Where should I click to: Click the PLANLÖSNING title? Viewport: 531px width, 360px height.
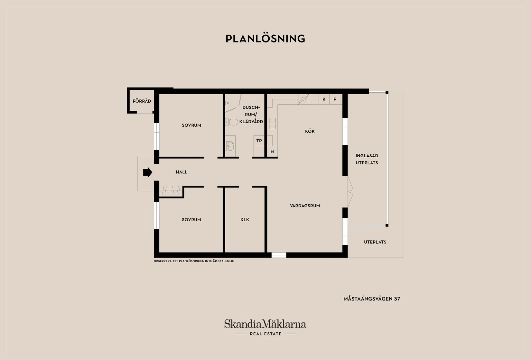pyautogui.click(x=265, y=39)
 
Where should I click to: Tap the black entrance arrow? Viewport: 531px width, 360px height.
pyautogui.click(x=147, y=172)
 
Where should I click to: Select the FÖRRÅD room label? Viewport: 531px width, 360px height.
pyautogui.click(x=142, y=101)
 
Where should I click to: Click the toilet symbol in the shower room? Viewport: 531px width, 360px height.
pyautogui.click(x=232, y=122)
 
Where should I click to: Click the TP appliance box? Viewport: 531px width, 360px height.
pyautogui.click(x=259, y=141)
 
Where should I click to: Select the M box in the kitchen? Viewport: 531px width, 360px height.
pyautogui.click(x=272, y=152)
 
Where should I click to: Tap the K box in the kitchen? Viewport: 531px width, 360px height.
pyautogui.click(x=324, y=99)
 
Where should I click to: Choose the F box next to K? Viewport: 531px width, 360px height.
pyautogui.click(x=335, y=99)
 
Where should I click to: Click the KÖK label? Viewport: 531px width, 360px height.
pyautogui.click(x=310, y=131)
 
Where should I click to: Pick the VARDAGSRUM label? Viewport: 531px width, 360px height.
pyautogui.click(x=305, y=206)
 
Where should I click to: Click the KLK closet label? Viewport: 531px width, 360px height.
pyautogui.click(x=245, y=220)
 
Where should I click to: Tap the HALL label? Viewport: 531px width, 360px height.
pyautogui.click(x=182, y=172)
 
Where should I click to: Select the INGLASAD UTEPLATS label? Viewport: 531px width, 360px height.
pyautogui.click(x=367, y=159)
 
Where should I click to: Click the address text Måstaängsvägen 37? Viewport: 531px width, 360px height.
pyautogui.click(x=372, y=299)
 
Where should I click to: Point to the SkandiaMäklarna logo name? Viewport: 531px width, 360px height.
pyautogui.click(x=265, y=324)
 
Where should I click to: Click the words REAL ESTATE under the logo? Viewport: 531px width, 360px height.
pyautogui.click(x=265, y=334)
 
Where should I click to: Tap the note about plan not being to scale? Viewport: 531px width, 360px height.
pyautogui.click(x=194, y=261)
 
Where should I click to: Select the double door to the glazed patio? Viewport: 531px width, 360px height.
pyautogui.click(x=350, y=192)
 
